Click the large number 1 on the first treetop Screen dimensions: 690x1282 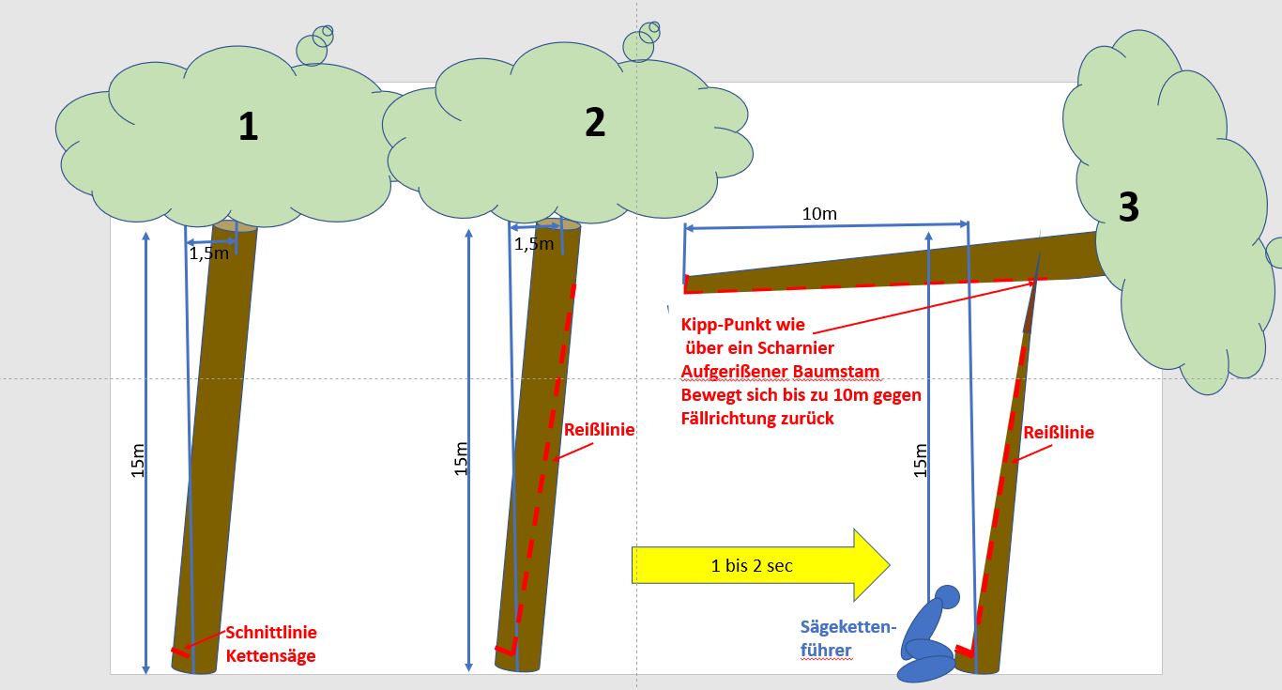248,127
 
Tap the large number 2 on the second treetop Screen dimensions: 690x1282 595,122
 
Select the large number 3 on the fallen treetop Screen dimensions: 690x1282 1129,207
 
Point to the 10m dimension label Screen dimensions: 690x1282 819,213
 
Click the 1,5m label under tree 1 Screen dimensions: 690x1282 207,253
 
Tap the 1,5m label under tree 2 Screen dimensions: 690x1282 534,244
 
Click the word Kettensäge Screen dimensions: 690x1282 270,655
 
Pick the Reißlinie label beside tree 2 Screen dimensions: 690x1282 599,430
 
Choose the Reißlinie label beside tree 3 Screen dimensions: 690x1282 1059,433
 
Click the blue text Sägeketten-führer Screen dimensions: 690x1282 848,637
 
